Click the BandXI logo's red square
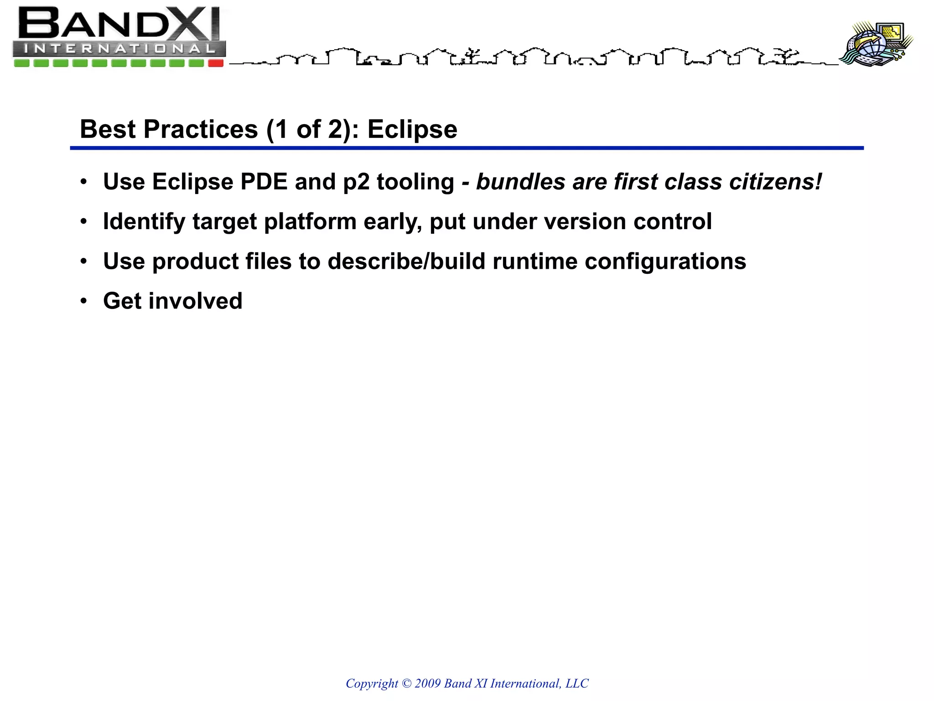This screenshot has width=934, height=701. click(216, 63)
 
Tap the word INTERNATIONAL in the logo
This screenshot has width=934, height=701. click(119, 48)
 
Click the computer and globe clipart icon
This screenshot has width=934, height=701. click(877, 44)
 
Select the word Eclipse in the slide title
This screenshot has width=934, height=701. click(412, 130)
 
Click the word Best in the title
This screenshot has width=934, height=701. click(108, 129)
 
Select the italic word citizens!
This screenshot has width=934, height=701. click(776, 182)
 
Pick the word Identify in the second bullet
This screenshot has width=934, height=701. click(144, 222)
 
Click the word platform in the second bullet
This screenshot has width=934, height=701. click(310, 222)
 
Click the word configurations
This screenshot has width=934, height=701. click(665, 262)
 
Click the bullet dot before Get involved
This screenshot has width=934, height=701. click(83, 301)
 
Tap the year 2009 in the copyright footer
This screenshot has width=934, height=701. click(427, 683)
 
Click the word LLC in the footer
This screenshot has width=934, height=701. click(577, 683)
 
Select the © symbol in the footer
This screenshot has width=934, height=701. click(406, 683)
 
